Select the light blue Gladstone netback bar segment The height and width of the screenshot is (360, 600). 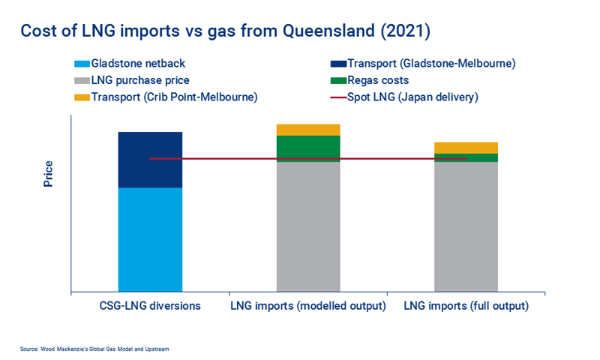[x=150, y=238]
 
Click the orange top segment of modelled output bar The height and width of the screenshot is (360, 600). [x=308, y=130]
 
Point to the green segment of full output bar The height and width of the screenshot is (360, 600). [x=466, y=156]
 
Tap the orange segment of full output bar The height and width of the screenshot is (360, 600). [x=466, y=147]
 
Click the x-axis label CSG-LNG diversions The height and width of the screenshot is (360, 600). [x=150, y=306]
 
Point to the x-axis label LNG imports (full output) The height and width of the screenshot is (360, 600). [x=466, y=306]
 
